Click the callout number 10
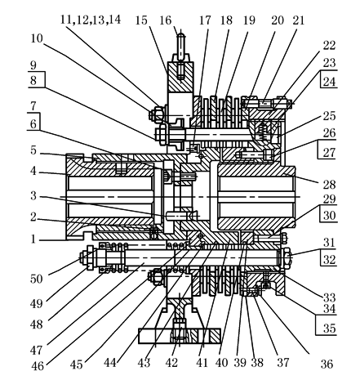[x=37, y=38]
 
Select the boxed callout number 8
[x=33, y=81]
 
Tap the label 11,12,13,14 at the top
[x=91, y=20]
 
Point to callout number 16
[x=166, y=20]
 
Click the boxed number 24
[x=329, y=82]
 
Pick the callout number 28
[x=329, y=185]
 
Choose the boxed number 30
[x=330, y=216]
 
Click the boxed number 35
[x=330, y=329]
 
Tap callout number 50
[x=37, y=279]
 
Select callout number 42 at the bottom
[x=171, y=363]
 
